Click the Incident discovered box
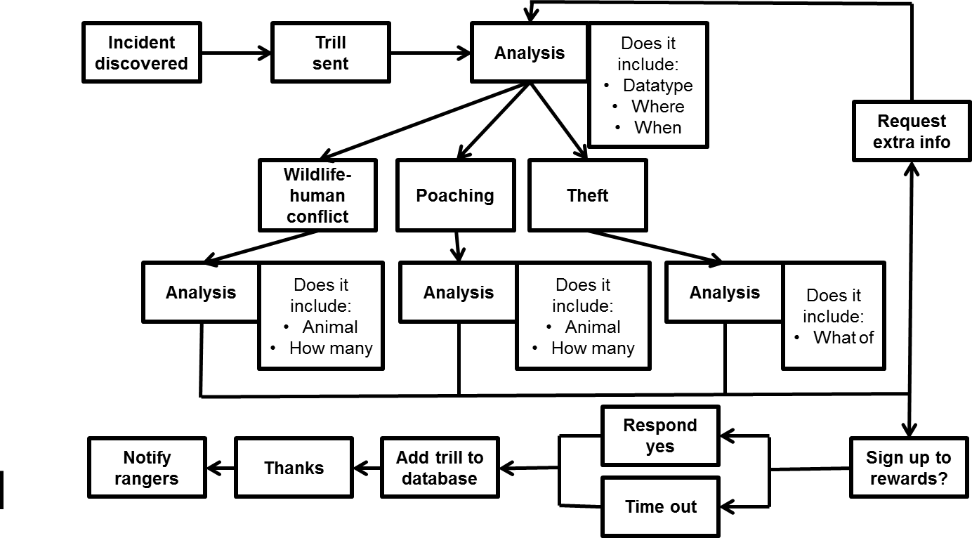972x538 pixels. click(141, 53)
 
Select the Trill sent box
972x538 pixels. click(330, 53)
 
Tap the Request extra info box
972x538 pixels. click(912, 131)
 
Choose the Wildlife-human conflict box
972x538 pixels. click(317, 195)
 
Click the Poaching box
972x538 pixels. click(454, 195)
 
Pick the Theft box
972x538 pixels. click(587, 195)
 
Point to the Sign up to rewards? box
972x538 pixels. click(908, 468)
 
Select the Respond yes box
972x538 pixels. click(660, 435)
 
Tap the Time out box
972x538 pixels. click(660, 506)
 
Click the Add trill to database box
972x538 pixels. click(440, 468)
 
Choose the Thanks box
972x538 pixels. click(294, 468)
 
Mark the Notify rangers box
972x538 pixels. click(147, 468)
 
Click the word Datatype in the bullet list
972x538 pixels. click(657, 86)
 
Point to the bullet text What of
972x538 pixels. click(843, 337)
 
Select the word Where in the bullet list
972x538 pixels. click(657, 107)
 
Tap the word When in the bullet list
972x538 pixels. click(657, 128)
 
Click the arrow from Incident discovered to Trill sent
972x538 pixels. click(236, 53)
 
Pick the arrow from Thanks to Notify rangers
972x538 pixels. click(221, 468)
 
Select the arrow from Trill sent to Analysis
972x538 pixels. click(430, 53)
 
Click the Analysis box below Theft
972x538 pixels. click(724, 292)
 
